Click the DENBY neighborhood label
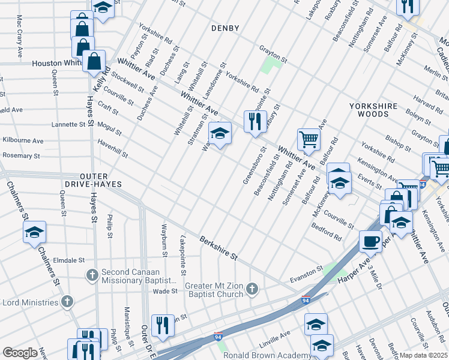pos(225,28)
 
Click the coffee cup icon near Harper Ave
pos(370,241)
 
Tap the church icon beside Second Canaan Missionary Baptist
pos(92,275)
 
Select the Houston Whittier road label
pos(56,63)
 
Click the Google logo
pos(20,353)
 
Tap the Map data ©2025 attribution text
pos(423,355)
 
